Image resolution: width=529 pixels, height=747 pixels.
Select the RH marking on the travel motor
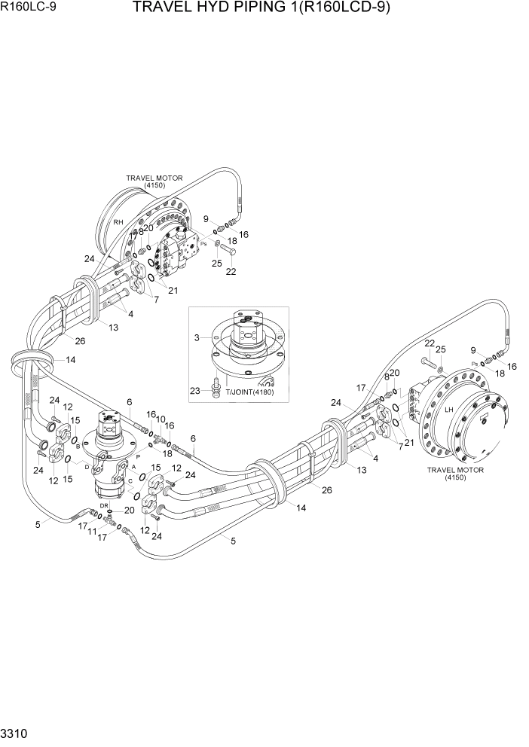click(118, 223)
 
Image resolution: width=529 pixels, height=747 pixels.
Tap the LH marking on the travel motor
click(448, 410)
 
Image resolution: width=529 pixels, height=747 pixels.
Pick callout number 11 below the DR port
click(92, 532)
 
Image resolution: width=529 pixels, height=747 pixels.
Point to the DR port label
click(105, 505)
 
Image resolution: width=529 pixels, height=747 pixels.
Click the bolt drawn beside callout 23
click(216, 384)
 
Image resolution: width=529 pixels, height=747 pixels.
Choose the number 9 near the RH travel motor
click(204, 219)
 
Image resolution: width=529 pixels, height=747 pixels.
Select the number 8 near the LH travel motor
click(387, 376)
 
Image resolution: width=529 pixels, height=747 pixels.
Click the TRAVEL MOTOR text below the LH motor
click(455, 470)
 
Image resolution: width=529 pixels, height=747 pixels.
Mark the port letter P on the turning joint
click(138, 456)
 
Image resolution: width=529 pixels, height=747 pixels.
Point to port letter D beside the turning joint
click(87, 468)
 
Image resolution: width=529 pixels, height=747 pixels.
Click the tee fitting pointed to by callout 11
click(110, 520)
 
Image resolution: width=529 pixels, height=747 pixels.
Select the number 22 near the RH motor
click(231, 272)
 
